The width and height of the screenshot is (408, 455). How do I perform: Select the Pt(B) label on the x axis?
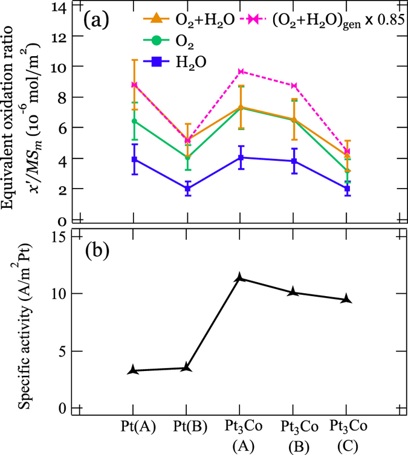tap(187, 427)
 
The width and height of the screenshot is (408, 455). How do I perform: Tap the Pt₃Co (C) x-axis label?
tap(347, 434)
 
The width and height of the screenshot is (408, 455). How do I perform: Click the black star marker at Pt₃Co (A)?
tap(241, 278)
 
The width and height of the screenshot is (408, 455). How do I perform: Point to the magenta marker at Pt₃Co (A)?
tap(241, 71)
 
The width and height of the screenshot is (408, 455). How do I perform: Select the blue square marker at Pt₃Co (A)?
tap(241, 158)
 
